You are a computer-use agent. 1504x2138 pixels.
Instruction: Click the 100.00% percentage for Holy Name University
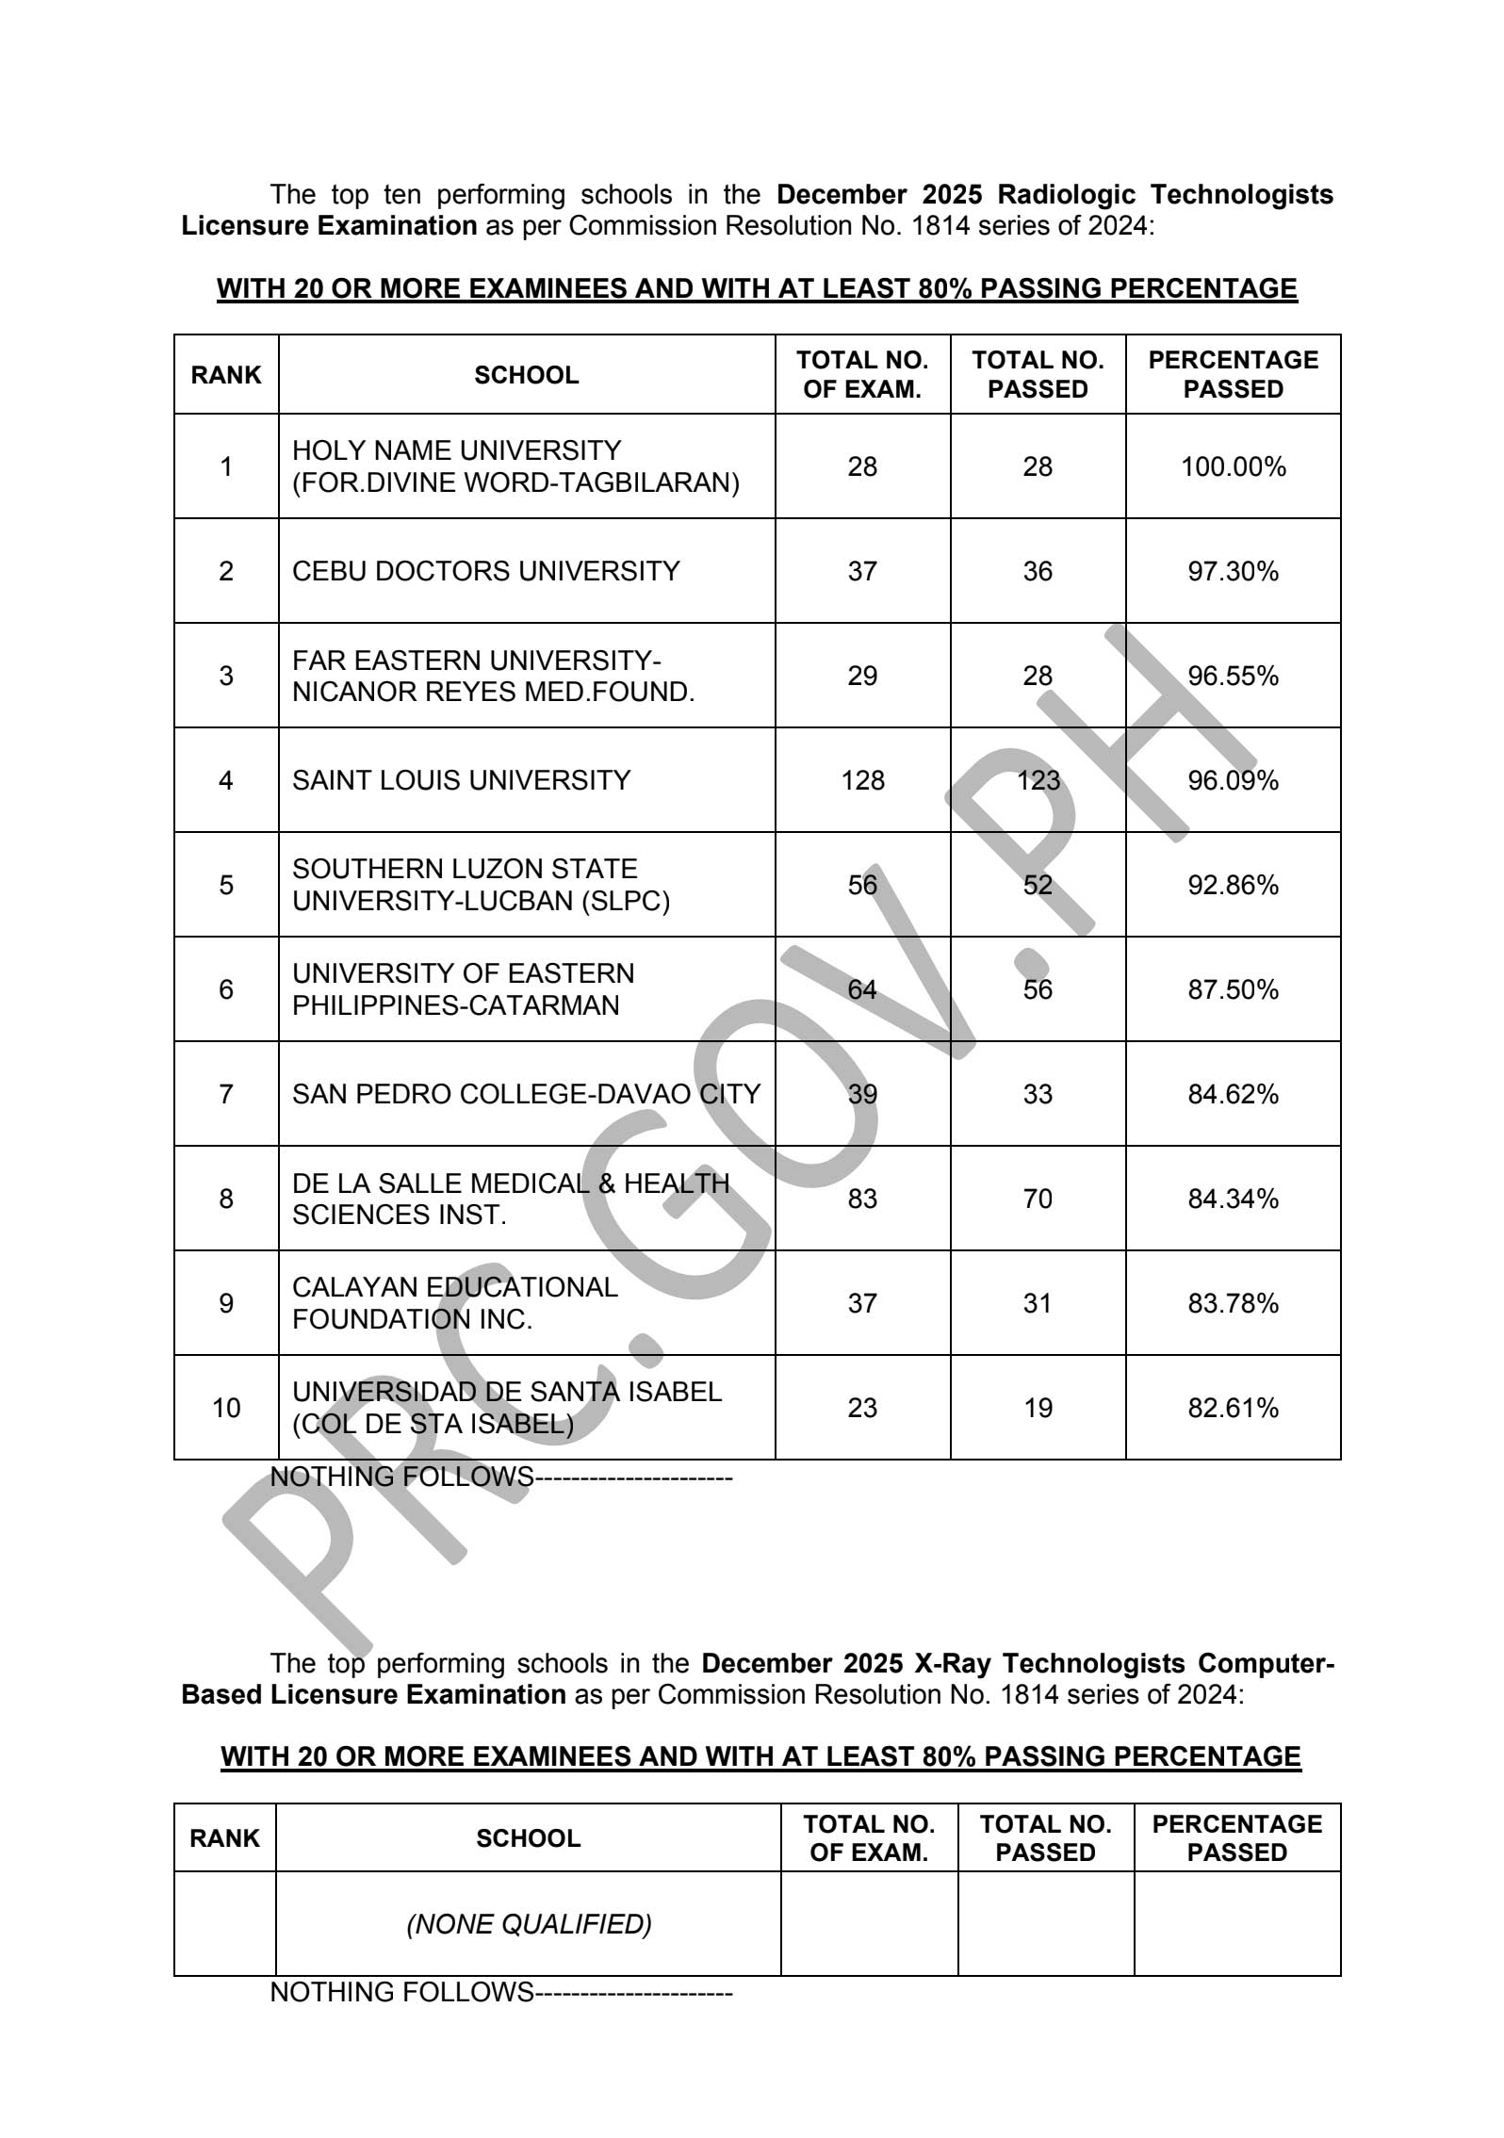(x=1233, y=467)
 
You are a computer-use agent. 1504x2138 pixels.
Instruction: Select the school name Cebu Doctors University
(x=485, y=572)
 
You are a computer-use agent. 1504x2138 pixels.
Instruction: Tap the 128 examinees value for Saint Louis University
(x=862, y=781)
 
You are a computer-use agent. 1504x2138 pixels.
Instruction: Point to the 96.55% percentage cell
(x=1233, y=677)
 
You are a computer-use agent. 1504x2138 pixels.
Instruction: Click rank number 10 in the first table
(x=226, y=1409)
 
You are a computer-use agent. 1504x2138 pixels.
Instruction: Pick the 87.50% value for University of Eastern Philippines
(x=1233, y=990)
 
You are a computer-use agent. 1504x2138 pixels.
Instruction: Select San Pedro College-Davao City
(x=526, y=1095)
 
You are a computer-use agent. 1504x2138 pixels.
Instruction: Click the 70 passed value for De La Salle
(x=1038, y=1200)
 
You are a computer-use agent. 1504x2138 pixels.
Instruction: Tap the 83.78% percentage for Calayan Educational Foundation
(x=1233, y=1304)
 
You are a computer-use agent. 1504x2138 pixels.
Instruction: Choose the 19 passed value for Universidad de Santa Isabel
(x=1038, y=1409)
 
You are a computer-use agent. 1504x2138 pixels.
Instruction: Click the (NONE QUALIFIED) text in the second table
(x=529, y=1924)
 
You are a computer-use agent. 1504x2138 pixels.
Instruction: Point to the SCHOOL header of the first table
(x=526, y=376)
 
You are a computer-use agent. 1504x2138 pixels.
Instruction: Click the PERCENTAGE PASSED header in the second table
(x=1236, y=1838)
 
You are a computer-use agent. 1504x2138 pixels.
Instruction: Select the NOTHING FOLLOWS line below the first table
(x=500, y=1477)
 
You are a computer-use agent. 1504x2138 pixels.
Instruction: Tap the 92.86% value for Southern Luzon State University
(x=1233, y=886)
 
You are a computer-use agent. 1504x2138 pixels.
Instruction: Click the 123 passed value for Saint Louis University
(x=1038, y=781)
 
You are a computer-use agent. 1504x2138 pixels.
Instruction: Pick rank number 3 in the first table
(x=226, y=677)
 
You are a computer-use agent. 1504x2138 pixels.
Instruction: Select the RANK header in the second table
(x=224, y=1838)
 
